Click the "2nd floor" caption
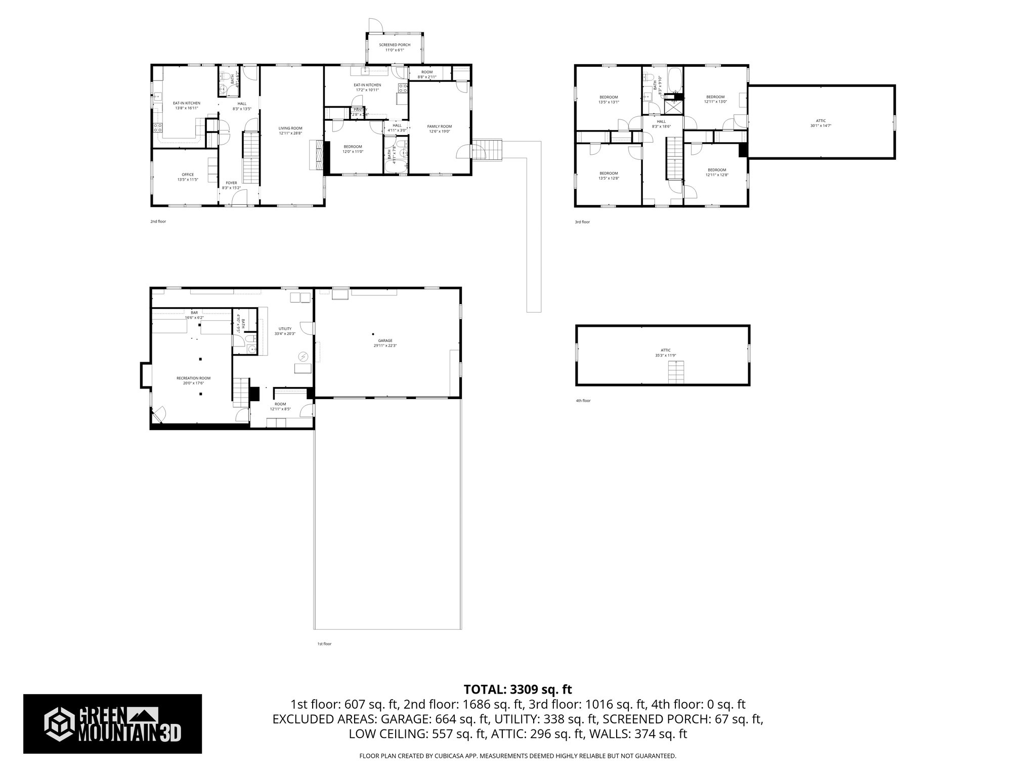click(x=158, y=222)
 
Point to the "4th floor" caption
click(x=583, y=401)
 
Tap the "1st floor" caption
click(x=324, y=644)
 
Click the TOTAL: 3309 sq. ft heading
click(x=517, y=689)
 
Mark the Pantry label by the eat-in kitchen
click(x=360, y=110)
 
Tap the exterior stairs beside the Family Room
click(x=490, y=150)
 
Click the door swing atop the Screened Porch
click(x=374, y=25)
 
